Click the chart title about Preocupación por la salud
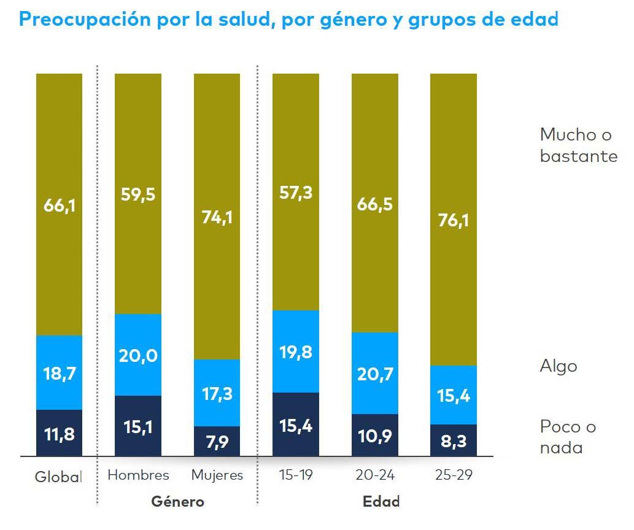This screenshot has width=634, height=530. pos(288,19)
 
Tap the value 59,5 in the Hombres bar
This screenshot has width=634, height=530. pos(138,194)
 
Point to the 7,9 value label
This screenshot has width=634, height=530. pos(217,442)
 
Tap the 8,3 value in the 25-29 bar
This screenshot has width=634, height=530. pos(453,441)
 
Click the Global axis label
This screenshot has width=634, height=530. pos(59,476)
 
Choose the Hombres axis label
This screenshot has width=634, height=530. pos(138,475)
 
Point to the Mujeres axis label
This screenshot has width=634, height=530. pos(217,475)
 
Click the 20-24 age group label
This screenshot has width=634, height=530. pos(374,475)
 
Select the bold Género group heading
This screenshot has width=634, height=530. pos(177,501)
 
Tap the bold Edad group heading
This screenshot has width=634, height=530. pos(381,501)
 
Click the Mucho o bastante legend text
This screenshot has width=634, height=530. pos(578,145)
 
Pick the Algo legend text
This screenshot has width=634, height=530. pos(559,366)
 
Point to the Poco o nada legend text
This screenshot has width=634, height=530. pos(568,437)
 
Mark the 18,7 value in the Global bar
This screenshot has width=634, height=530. pos(59,373)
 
